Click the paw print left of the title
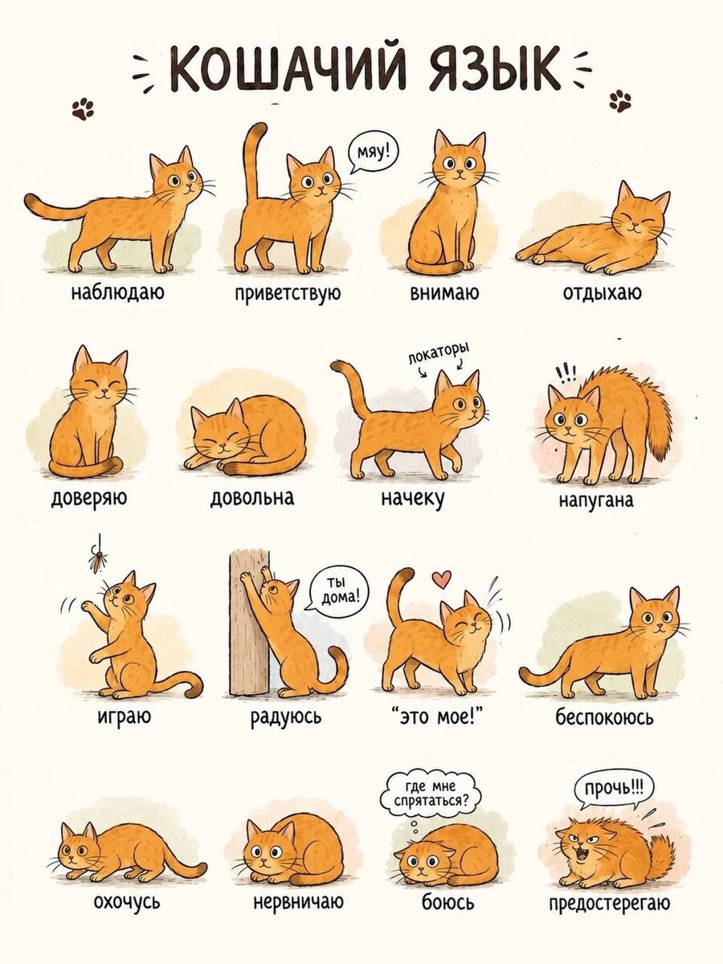click(83, 109)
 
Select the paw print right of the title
click(621, 100)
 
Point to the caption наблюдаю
click(117, 292)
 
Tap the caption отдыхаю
click(602, 292)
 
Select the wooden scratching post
click(249, 622)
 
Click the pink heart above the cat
click(443, 579)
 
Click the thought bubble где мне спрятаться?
click(431, 796)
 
